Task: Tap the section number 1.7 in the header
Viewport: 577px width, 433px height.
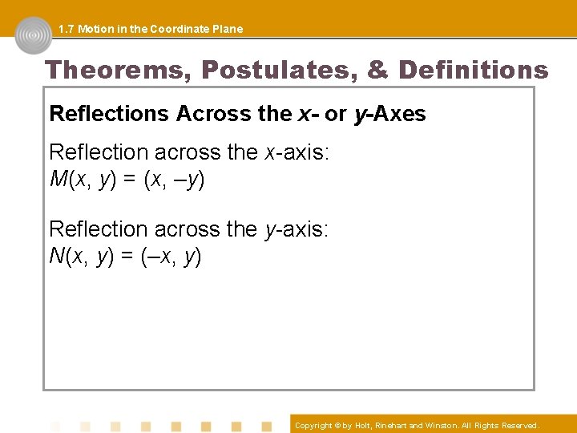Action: [x=67, y=29]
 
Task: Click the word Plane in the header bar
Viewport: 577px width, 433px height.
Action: [x=226, y=29]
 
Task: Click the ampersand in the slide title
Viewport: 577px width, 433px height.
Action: [x=378, y=71]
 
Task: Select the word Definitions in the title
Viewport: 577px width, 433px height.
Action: [x=473, y=71]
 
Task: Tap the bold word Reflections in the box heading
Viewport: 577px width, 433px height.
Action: [x=109, y=114]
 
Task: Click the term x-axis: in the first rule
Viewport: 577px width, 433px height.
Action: [x=297, y=152]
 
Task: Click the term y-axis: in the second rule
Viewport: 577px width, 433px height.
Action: [x=297, y=229]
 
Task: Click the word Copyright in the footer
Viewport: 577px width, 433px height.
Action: [x=313, y=426]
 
